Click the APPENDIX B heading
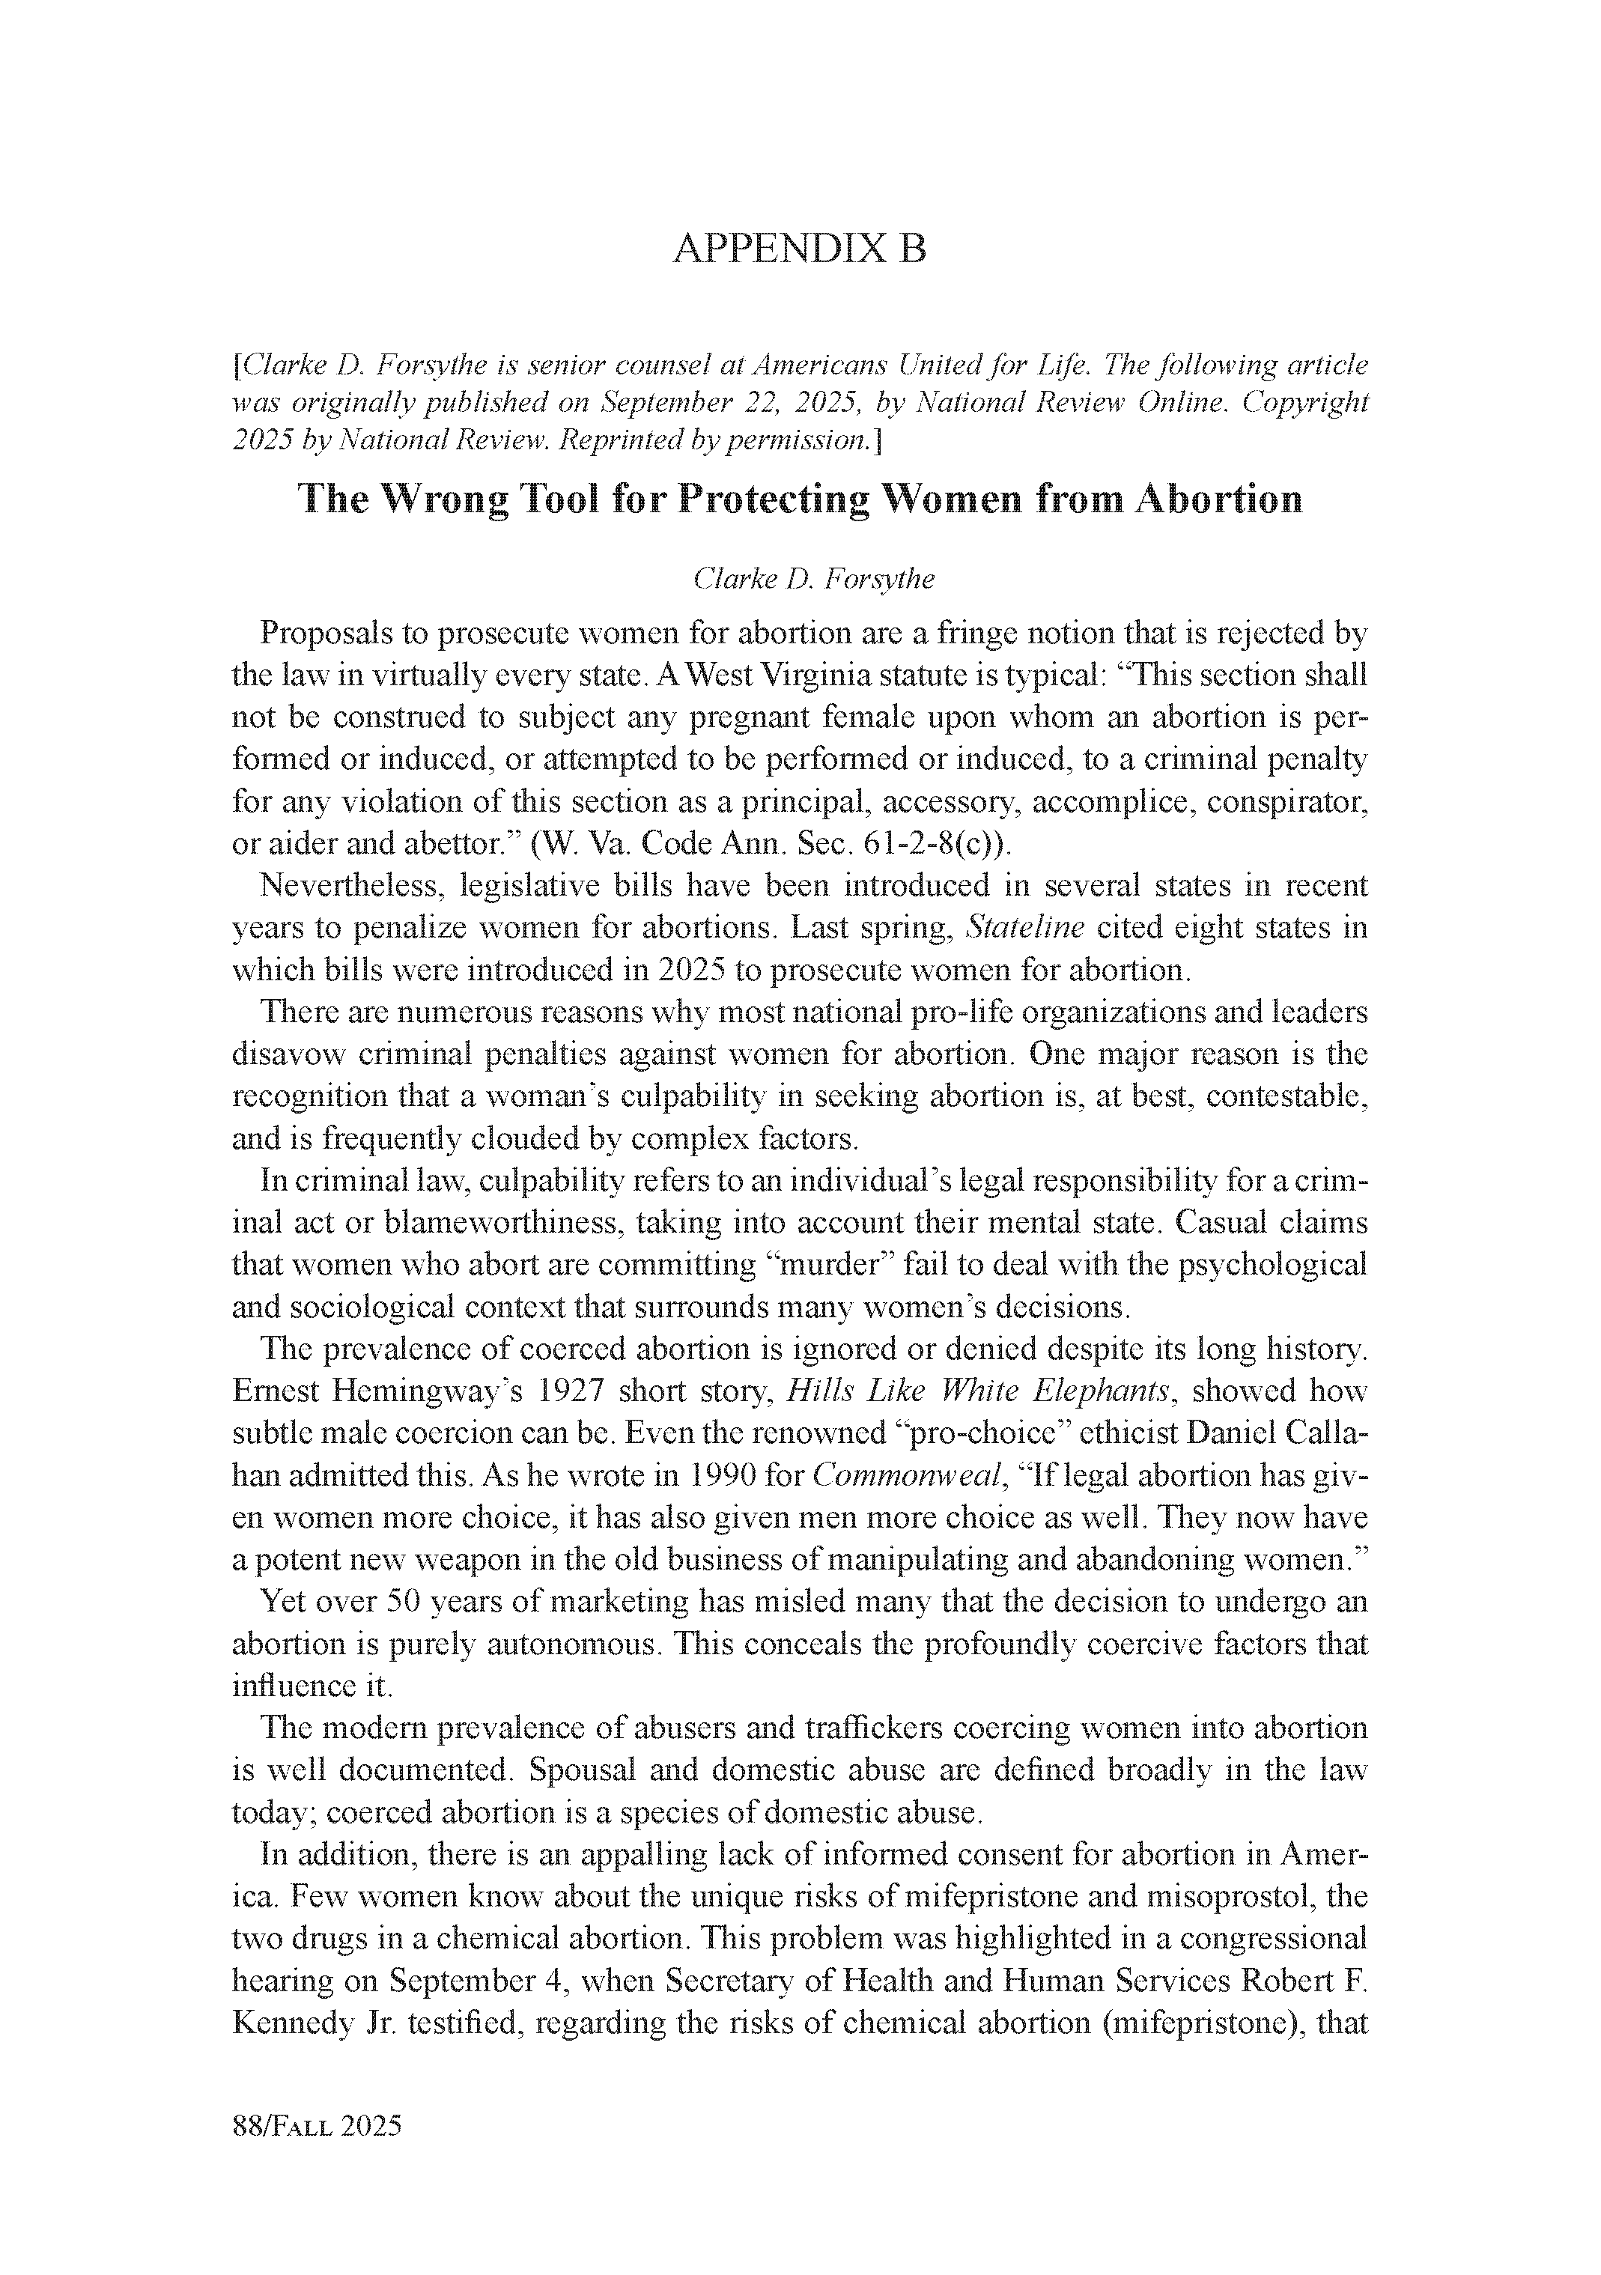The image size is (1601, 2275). (x=800, y=249)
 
